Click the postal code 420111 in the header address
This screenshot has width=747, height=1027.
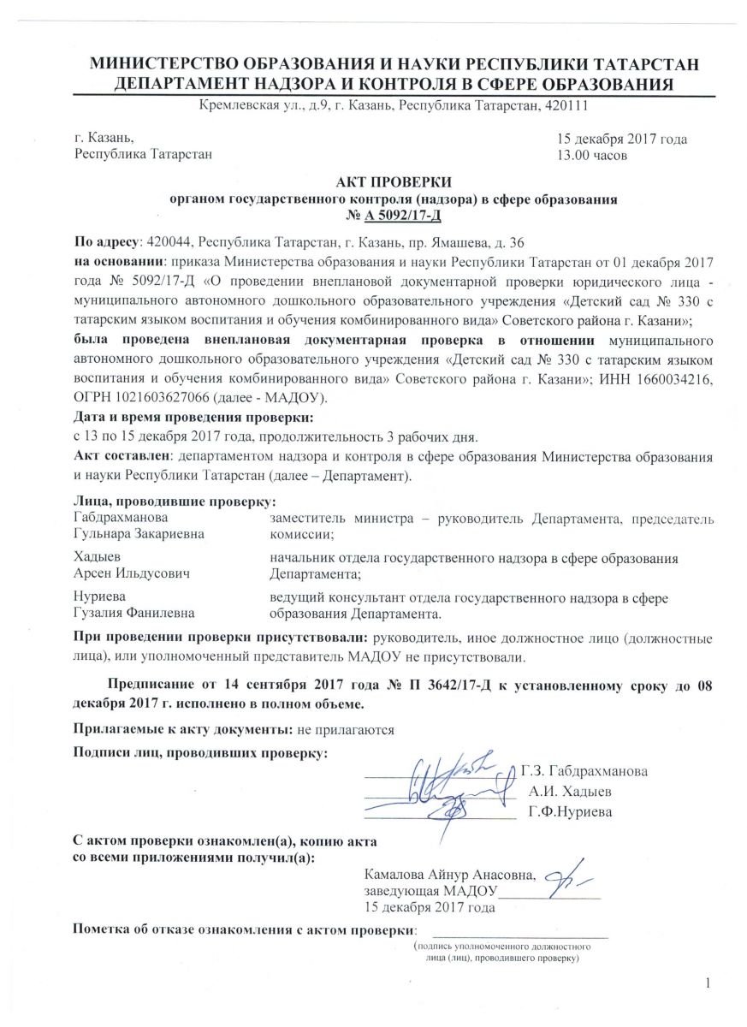565,105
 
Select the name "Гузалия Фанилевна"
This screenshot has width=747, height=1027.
134,613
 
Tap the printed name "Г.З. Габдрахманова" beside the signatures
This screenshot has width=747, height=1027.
584,769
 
